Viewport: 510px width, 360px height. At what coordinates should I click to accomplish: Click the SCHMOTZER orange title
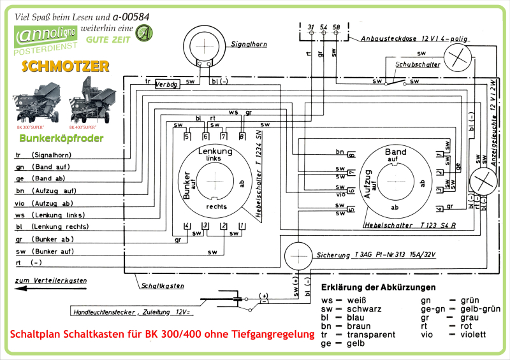pyautogui.click(x=65, y=66)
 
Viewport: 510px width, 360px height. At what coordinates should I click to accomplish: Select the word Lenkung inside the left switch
pyautogui.click(x=215, y=151)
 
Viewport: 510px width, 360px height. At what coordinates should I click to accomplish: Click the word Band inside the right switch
pyautogui.click(x=395, y=152)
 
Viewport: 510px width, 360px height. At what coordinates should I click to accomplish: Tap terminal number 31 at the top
pyautogui.click(x=310, y=26)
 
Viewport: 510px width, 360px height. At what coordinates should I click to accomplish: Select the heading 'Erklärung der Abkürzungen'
pyautogui.click(x=379, y=287)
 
